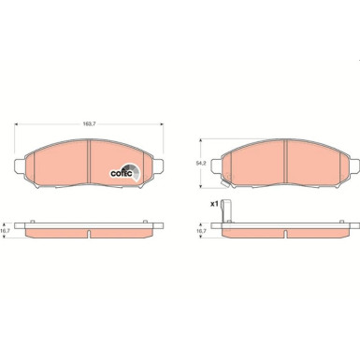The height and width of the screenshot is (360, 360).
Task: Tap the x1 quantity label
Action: coord(212,203)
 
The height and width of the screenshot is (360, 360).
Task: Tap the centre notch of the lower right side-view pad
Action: coord(283,232)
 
